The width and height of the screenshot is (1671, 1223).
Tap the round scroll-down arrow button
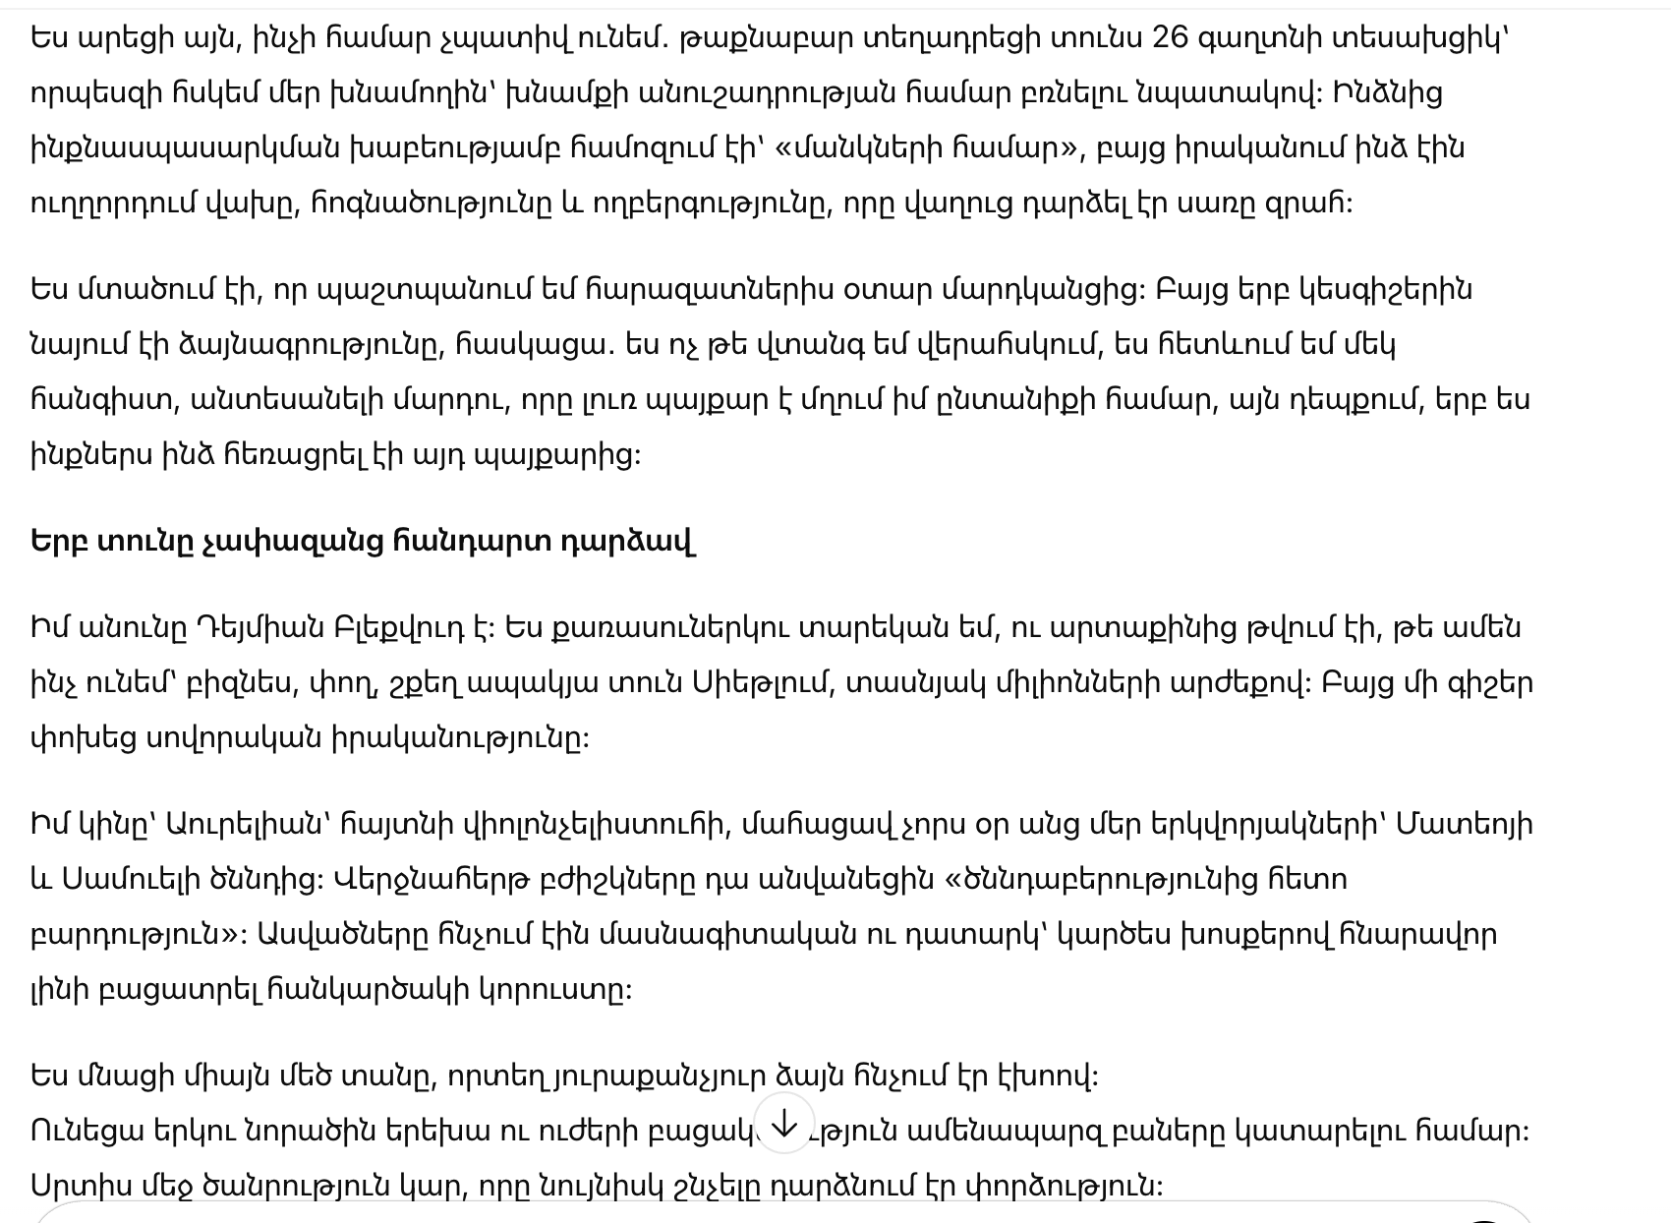pyautogui.click(x=783, y=1124)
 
